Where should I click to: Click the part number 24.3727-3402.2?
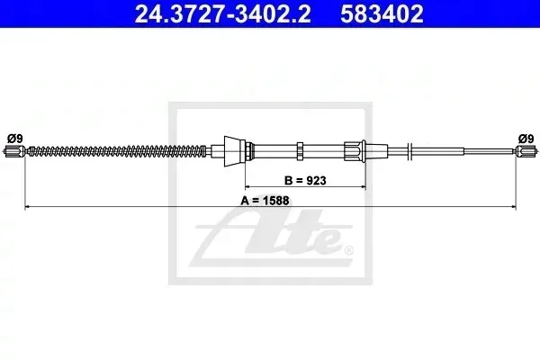tap(223, 13)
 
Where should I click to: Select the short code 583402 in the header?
tap(382, 13)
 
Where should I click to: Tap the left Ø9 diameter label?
tap(14, 139)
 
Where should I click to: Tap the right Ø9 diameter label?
tap(526, 139)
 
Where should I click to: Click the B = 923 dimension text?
tap(305, 180)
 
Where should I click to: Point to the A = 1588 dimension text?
tap(265, 200)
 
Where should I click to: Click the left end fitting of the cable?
tap(15, 151)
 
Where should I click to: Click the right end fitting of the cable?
tap(526, 151)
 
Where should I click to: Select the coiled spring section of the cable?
tap(117, 151)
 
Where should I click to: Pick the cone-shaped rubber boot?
tap(235, 151)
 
